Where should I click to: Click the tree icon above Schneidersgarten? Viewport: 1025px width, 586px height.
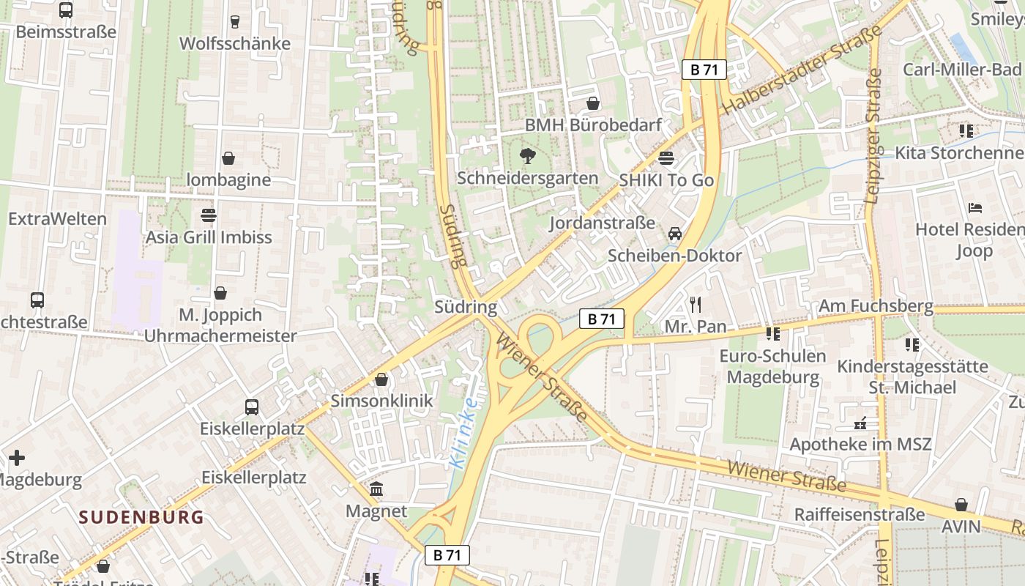[x=526, y=155]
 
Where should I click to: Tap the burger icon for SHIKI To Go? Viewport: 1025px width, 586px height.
[x=666, y=157]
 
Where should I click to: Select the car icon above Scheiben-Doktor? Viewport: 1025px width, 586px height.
[x=674, y=234]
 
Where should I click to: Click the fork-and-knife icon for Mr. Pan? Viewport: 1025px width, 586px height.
[x=695, y=304]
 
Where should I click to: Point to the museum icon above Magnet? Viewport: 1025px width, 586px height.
[x=376, y=489]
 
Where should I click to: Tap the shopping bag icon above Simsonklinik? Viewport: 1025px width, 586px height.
[x=381, y=379]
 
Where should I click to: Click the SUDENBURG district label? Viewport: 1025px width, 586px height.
[x=141, y=517]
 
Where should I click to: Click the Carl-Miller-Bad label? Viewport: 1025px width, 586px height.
[x=961, y=70]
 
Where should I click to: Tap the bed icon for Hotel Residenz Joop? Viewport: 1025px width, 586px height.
[x=974, y=208]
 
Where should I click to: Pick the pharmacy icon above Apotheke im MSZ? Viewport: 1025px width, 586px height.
[x=860, y=423]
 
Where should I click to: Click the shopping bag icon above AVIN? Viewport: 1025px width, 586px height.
[x=961, y=505]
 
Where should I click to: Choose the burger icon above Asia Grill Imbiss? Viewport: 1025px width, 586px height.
[x=209, y=215]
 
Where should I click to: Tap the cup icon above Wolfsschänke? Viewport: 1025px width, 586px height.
[x=234, y=22]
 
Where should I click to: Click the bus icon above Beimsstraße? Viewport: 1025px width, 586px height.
[x=66, y=10]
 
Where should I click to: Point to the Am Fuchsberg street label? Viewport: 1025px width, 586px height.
[x=876, y=305]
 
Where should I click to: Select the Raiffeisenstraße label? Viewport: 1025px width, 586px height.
[x=860, y=514]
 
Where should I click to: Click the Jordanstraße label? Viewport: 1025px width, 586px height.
[x=602, y=223]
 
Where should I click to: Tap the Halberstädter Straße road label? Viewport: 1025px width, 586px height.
[x=802, y=71]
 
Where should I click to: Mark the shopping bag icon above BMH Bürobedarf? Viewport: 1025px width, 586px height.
[x=593, y=103]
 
